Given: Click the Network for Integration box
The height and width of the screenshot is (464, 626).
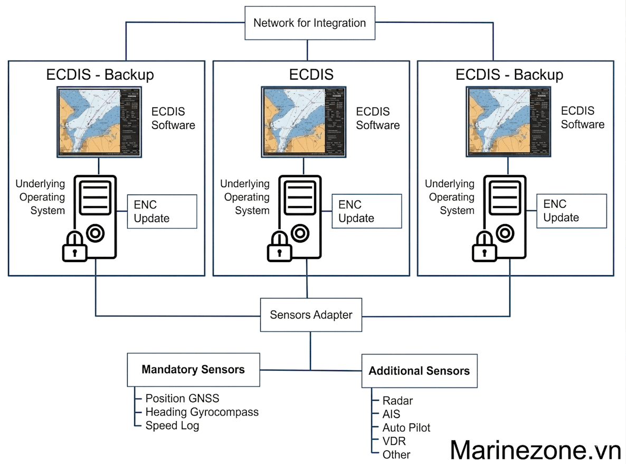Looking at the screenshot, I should click(310, 23).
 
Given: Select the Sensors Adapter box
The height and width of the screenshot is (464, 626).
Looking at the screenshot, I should click(311, 315).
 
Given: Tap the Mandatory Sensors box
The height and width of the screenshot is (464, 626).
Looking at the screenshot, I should click(193, 370).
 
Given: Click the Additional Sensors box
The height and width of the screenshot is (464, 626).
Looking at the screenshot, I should click(419, 371).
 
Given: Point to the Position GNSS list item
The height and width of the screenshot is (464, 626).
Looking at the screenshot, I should click(182, 399).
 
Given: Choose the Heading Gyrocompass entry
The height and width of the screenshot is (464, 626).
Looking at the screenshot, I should click(202, 412).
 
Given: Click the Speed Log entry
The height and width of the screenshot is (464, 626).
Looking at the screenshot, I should click(172, 425).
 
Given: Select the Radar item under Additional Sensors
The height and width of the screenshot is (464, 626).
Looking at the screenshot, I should click(397, 401).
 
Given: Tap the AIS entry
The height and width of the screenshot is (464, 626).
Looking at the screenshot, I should click(391, 414).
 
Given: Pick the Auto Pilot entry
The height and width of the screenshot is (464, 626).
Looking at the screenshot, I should click(406, 428).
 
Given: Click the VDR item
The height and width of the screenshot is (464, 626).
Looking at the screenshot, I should click(394, 441).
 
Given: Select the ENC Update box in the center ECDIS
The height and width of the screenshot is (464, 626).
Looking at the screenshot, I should click(366, 211).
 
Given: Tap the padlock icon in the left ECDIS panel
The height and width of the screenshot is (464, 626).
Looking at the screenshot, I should click(74, 247).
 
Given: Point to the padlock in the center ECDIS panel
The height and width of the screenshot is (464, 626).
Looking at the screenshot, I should click(279, 247).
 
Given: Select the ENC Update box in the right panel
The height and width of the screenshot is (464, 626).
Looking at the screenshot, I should click(571, 211).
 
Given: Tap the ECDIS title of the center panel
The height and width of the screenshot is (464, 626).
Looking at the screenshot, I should click(311, 74).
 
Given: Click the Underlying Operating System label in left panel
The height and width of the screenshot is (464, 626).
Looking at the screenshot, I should click(40, 197).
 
